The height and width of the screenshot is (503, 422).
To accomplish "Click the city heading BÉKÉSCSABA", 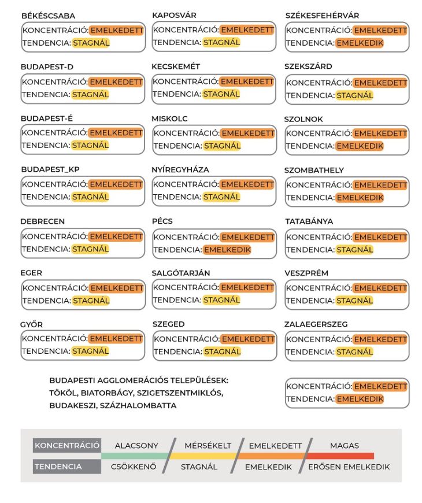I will (x=48, y=16).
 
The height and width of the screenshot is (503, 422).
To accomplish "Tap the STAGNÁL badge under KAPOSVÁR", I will (x=221, y=42).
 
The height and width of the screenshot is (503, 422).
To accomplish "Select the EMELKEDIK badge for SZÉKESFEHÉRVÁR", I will (x=360, y=43).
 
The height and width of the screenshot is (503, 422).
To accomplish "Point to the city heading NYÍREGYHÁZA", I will (x=180, y=169).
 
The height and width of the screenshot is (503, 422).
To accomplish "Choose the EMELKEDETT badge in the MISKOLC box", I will (x=247, y=133).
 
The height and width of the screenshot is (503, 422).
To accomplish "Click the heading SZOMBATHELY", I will (x=314, y=170).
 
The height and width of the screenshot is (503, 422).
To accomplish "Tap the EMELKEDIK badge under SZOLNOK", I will (x=360, y=146).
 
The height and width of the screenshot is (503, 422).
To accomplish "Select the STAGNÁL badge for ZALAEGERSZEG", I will (x=355, y=352).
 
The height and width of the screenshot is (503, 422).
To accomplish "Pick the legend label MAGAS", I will (x=345, y=446).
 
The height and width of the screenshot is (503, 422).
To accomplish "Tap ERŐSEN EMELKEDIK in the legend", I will (x=349, y=467).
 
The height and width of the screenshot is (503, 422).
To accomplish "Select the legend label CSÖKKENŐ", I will (x=134, y=467).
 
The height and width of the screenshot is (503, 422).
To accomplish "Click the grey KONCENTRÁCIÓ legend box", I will (x=67, y=446).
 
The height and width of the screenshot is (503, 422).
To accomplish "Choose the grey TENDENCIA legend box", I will (x=67, y=467).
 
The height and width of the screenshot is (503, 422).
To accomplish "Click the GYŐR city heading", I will (x=31, y=324).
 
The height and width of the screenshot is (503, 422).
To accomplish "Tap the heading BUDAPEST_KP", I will (x=50, y=169).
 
